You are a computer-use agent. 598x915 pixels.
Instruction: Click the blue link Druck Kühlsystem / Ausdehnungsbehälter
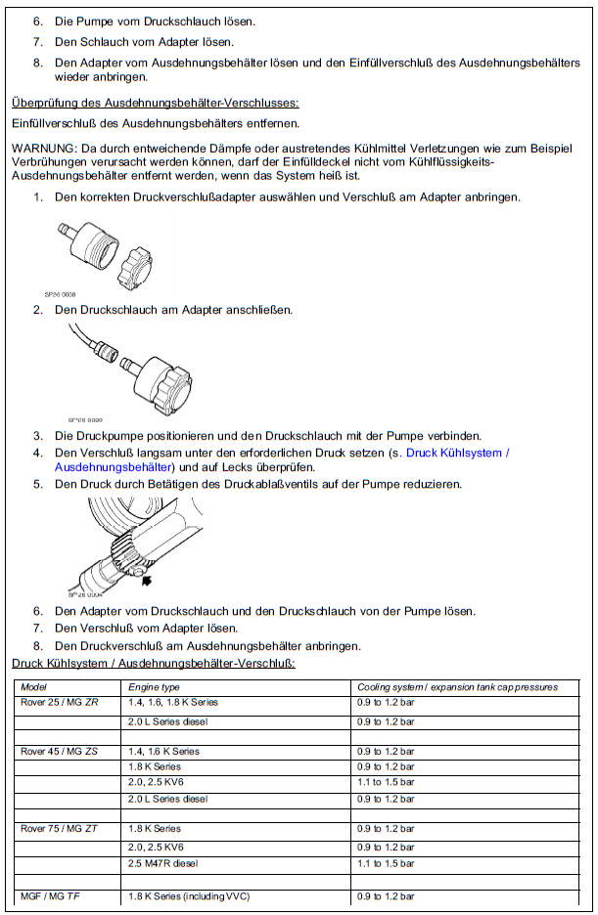(x=457, y=453)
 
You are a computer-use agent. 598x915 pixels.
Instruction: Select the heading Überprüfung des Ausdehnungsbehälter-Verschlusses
(x=155, y=103)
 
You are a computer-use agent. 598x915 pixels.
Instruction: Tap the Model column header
(x=34, y=687)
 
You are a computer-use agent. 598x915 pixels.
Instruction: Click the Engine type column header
(x=154, y=687)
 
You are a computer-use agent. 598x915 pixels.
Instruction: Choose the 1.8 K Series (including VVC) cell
(x=189, y=896)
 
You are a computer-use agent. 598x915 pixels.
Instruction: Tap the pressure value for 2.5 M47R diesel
(x=386, y=864)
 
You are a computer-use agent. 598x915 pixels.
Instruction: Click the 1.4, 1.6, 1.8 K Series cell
(x=173, y=703)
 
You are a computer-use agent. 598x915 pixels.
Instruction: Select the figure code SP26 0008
(x=60, y=292)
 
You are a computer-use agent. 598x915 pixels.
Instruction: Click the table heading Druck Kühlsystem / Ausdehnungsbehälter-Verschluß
(x=153, y=663)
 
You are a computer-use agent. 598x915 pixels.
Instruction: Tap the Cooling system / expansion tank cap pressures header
(x=457, y=687)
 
